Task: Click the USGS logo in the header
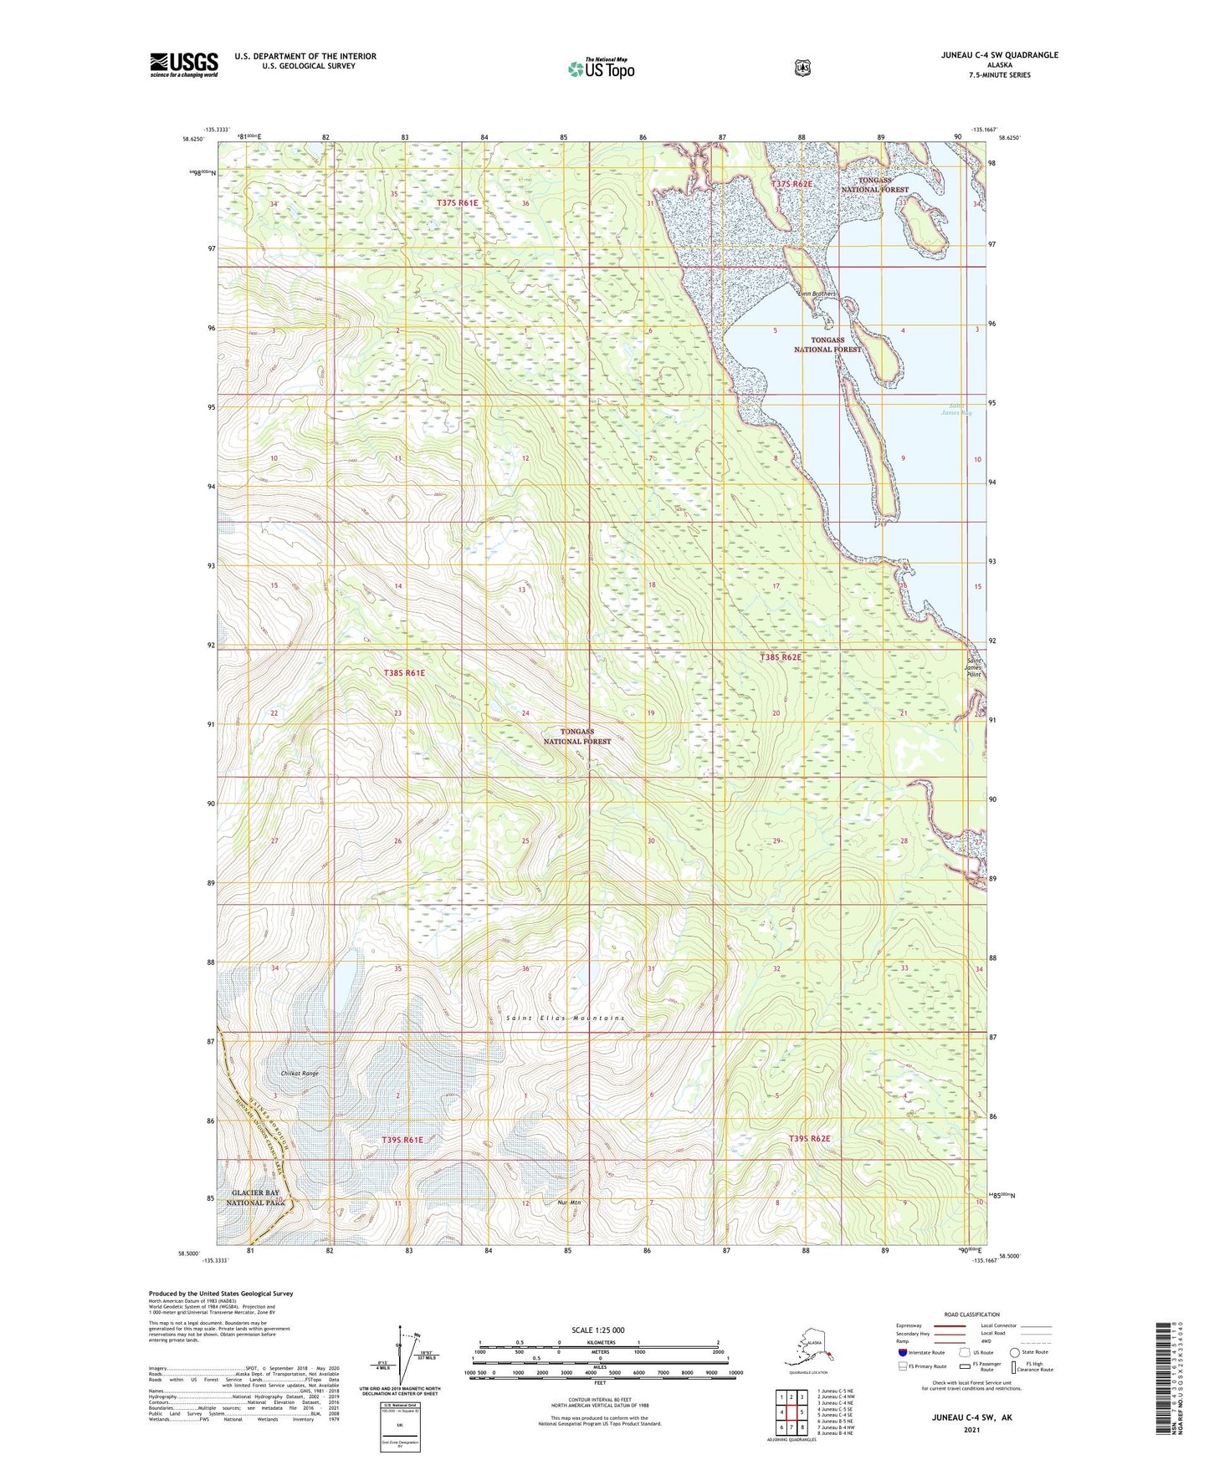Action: tap(184, 64)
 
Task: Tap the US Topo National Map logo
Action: tap(601, 68)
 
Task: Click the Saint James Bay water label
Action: tap(955, 409)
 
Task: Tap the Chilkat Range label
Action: tap(300, 1073)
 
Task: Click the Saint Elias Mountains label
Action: tap(565, 1018)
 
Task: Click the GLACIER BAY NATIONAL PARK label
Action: tap(256, 1197)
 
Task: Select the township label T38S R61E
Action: tap(404, 673)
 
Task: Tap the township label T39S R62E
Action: tap(809, 1139)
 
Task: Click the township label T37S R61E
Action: tap(458, 202)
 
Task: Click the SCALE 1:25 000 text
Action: tap(597, 1330)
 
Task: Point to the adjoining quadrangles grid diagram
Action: tap(790, 1413)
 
